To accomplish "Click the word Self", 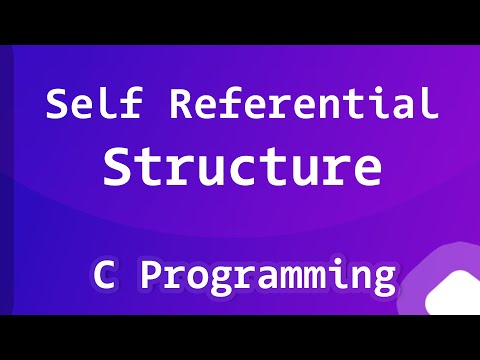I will (89, 104).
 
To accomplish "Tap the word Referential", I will (300, 104).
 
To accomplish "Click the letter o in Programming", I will (196, 276).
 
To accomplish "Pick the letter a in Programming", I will (264, 276).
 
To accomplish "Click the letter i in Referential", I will (379, 104).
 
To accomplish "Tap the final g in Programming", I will (380, 280).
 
